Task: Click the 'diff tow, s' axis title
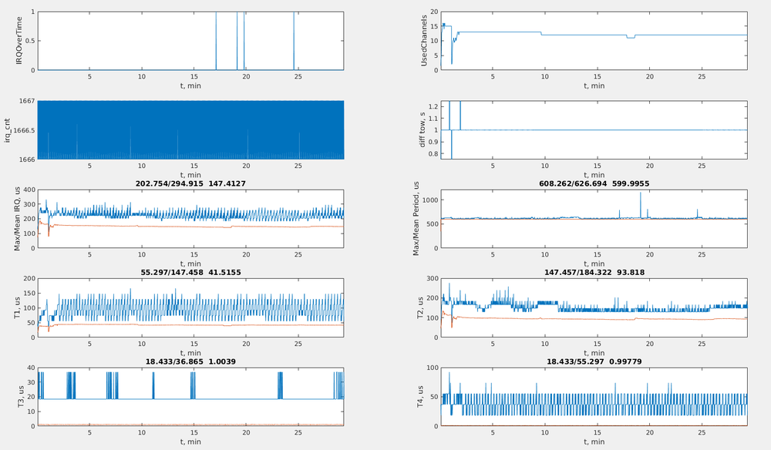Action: tap(423, 130)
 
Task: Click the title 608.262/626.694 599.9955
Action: tap(594, 183)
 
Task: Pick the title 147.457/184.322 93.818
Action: tap(594, 272)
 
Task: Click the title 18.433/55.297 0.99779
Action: tap(594, 361)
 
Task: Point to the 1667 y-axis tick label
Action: tap(24, 101)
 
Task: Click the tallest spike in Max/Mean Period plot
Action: tap(640, 193)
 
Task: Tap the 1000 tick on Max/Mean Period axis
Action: tap(428, 200)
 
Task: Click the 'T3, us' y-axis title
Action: tap(19, 397)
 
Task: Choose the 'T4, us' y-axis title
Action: tap(423, 397)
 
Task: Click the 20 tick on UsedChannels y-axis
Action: tap(433, 12)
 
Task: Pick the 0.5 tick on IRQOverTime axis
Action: tap(28, 42)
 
